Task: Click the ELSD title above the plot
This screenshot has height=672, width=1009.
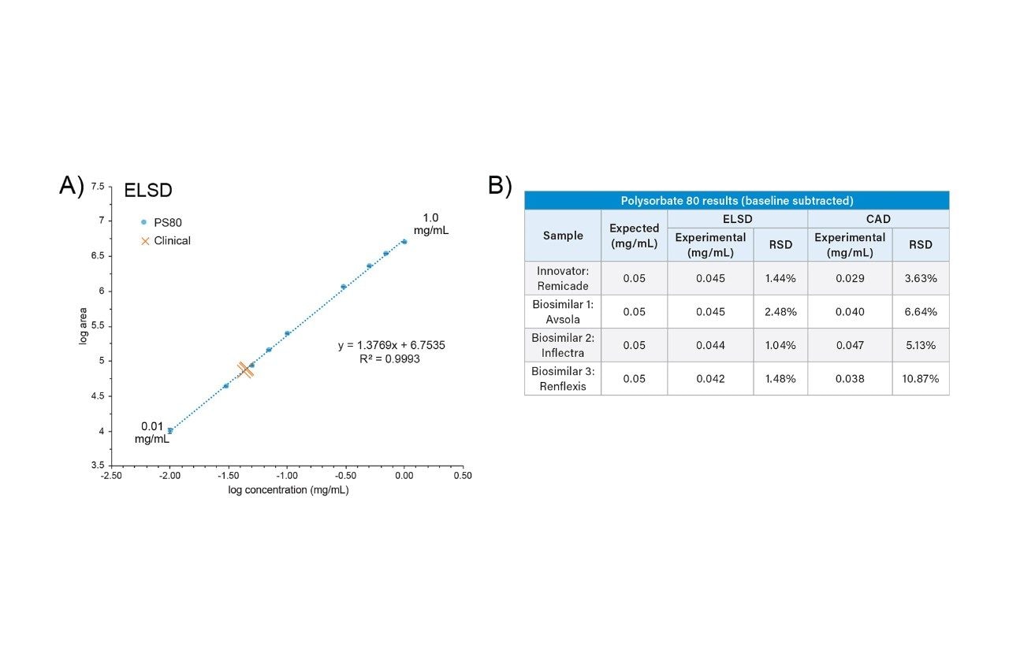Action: coord(148,191)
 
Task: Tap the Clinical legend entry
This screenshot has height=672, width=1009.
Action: coord(165,240)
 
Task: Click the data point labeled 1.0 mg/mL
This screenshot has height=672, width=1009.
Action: coord(404,242)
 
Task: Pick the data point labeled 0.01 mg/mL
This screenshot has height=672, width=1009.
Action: coord(169,431)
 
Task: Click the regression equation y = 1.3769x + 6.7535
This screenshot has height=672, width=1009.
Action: coord(392,346)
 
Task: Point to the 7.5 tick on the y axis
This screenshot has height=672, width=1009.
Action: coord(98,186)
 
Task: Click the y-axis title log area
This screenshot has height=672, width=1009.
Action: coord(83,326)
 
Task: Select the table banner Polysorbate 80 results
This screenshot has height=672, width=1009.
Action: coord(736,200)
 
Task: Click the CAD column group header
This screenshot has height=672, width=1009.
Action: coord(877,219)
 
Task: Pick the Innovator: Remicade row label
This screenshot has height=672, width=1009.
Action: coord(563,278)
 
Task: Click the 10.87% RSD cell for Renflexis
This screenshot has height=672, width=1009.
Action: coord(920,378)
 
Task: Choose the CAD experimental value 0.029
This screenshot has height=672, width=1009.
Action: coord(850,278)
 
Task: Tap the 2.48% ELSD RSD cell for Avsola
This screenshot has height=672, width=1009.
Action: coord(780,311)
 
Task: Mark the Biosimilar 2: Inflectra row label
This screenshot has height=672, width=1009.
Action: coord(563,345)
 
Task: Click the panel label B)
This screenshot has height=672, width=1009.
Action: coord(500,186)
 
